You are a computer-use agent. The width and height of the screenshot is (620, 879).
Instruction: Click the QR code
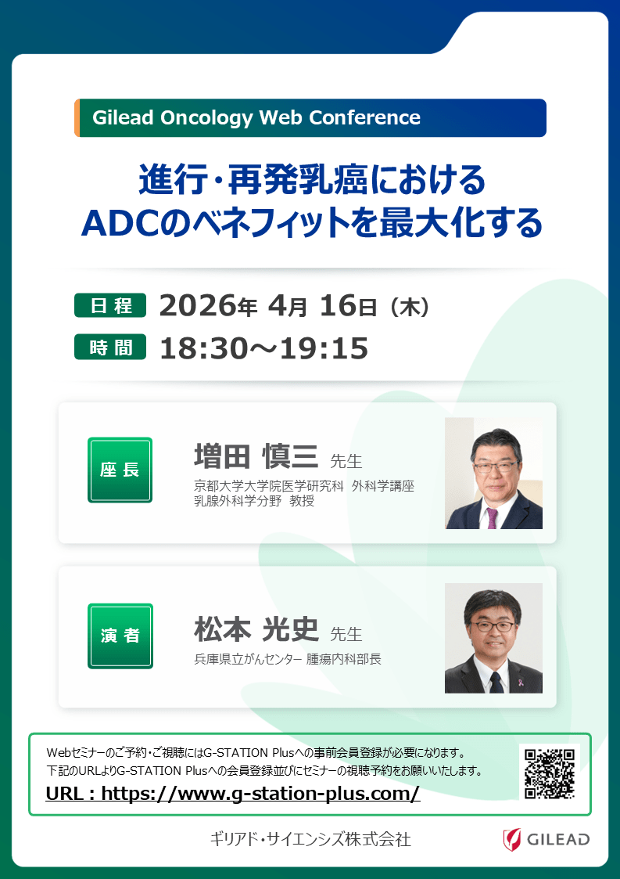pos(550,773)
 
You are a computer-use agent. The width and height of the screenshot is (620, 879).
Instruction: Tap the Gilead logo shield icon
pos(511,839)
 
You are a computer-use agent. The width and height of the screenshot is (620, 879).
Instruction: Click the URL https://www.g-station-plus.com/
pos(260,794)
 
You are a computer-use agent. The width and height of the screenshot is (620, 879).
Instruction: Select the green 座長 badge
pos(120,470)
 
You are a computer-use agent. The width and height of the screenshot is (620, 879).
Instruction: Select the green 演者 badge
pos(120,636)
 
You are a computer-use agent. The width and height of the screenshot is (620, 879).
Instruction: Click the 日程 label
pos(110,305)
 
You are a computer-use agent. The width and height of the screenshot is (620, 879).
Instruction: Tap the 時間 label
pos(110,347)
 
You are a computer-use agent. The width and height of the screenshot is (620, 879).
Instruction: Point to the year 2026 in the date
pos(199,305)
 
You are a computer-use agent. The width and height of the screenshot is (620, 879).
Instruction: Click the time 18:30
pos(202,348)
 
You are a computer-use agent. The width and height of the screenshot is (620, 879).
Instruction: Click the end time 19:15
pos(324,348)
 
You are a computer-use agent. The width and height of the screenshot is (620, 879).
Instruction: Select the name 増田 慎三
pos(256,456)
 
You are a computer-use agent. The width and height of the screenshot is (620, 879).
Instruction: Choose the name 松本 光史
pos(256,629)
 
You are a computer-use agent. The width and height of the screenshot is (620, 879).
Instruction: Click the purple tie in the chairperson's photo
pos(491,517)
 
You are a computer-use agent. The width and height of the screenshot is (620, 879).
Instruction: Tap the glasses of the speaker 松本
pos(493,626)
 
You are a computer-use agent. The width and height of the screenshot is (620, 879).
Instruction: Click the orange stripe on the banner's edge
pos(77,117)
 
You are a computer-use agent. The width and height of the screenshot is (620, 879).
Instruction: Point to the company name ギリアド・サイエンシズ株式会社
pos(311,839)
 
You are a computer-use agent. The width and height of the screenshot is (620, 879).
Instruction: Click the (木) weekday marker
pos(410,307)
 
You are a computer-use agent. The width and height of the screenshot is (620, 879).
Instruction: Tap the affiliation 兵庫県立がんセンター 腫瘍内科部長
pos(287,659)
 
